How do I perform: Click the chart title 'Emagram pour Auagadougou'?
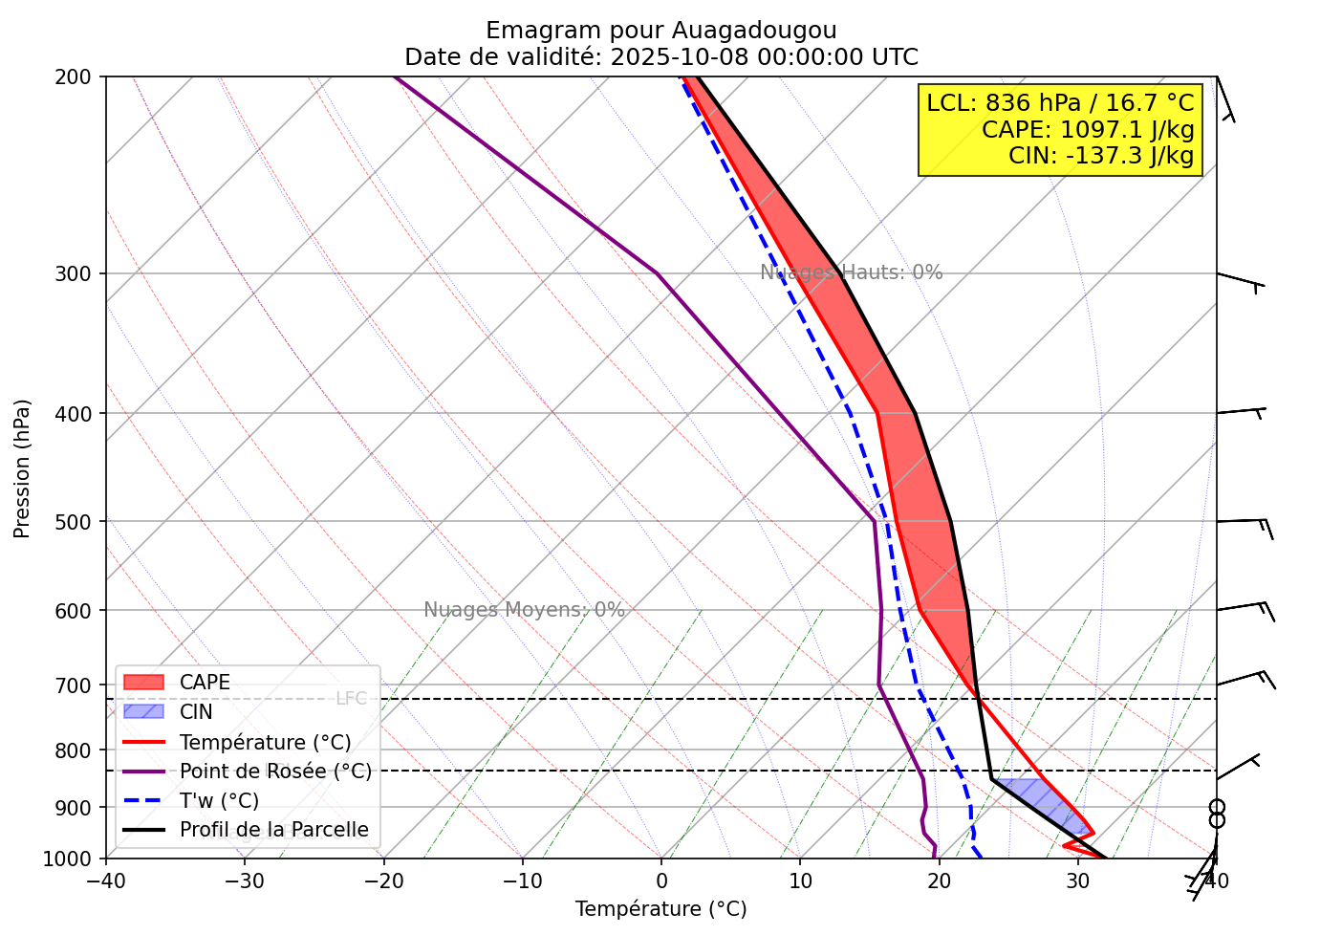(x=660, y=31)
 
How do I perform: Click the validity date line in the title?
(x=660, y=57)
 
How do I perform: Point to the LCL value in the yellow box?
(x=1060, y=103)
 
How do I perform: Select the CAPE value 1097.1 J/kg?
(x=1088, y=129)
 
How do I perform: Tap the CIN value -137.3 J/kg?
(x=1101, y=155)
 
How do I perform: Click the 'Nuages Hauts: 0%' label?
(x=851, y=272)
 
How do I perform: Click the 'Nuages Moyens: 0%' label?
(x=524, y=610)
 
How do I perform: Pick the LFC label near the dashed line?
(x=351, y=699)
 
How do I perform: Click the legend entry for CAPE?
(x=205, y=683)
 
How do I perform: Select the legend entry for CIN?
(x=196, y=712)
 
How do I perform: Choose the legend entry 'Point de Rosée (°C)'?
(x=275, y=771)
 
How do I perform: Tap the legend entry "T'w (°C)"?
(x=219, y=800)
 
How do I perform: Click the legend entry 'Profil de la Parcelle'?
(x=273, y=830)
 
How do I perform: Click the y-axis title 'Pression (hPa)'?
(x=22, y=468)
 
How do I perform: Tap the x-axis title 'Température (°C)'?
(x=660, y=909)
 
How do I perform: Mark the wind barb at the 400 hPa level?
(x=1241, y=412)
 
